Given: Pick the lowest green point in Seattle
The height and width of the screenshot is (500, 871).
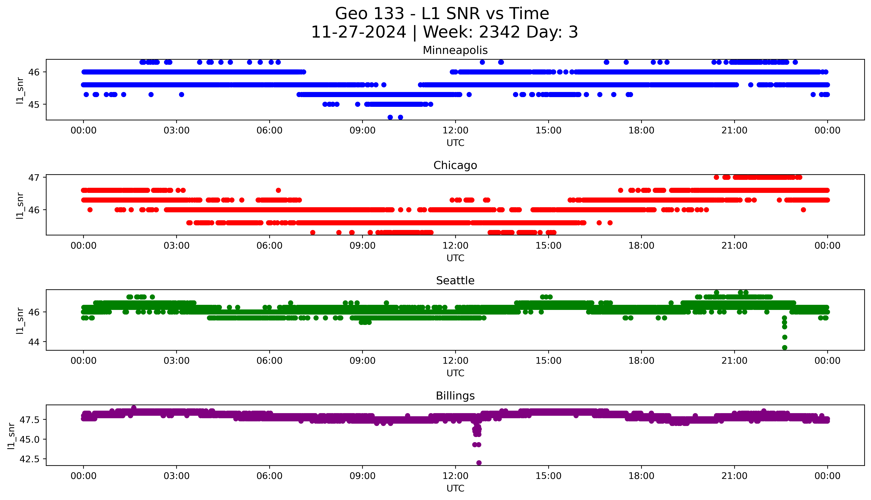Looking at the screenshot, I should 784,348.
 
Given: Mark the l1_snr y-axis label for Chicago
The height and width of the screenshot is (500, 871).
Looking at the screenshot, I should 20,205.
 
